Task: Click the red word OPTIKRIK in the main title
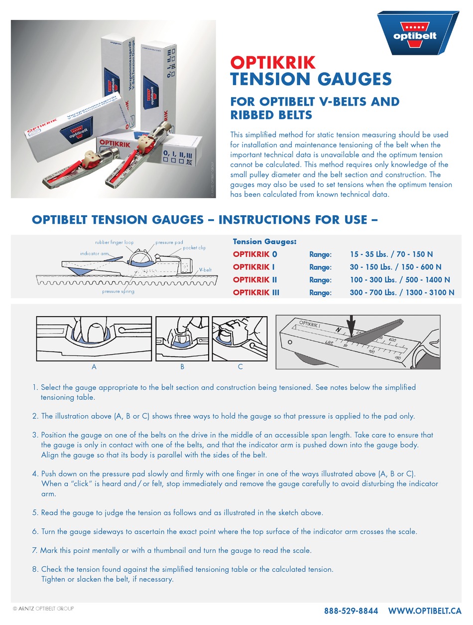(272, 62)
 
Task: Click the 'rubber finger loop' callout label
(115, 243)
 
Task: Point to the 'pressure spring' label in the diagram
(118, 291)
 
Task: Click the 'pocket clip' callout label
(194, 248)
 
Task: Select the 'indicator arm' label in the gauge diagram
(94, 253)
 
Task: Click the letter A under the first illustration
(94, 367)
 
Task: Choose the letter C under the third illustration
(240, 367)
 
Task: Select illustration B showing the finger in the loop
(182, 339)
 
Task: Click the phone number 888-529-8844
(351, 611)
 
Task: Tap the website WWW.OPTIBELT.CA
(425, 611)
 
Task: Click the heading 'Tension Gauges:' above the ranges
(264, 242)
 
